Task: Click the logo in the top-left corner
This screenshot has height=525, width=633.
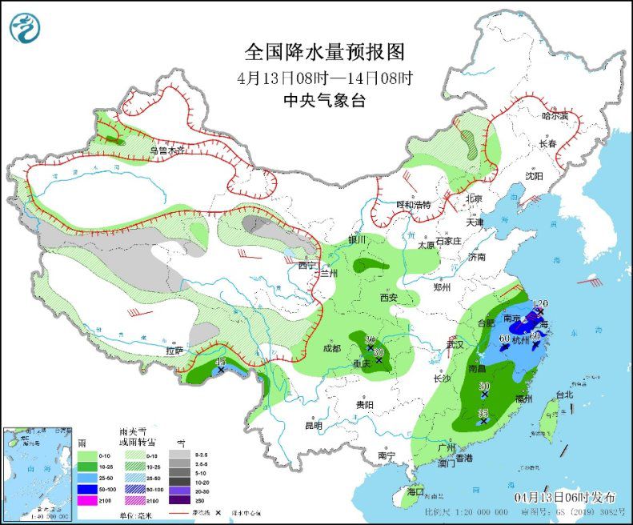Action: coord(24,28)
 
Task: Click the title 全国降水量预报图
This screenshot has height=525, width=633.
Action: coord(324,53)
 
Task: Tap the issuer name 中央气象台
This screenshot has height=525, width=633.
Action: coord(324,101)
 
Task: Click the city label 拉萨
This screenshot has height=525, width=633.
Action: coord(174,351)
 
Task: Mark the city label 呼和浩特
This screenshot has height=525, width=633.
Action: coord(414,205)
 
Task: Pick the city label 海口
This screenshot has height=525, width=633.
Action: coord(415,491)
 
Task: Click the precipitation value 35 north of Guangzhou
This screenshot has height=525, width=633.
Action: coord(483,412)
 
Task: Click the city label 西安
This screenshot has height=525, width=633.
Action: coord(389,298)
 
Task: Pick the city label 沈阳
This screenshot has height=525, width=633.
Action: coord(533,175)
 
